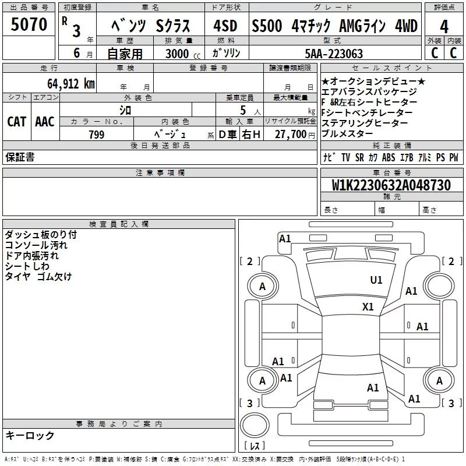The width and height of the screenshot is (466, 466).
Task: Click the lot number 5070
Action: pos(30,25)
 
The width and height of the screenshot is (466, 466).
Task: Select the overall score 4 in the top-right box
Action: pos(444,27)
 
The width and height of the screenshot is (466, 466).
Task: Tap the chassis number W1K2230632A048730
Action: pos(392,186)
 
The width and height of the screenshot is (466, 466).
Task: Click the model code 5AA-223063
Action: pos(334,54)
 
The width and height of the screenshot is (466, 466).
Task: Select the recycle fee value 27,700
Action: pos(290,135)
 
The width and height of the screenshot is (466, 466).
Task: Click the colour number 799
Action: pos(97,135)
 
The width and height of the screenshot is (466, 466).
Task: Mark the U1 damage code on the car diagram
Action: pos(376,280)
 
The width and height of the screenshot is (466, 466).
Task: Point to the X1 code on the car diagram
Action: pos(368,306)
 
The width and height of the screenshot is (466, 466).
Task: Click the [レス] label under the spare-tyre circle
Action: pos(255,446)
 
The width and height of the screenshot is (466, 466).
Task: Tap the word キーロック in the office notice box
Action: pos(30,435)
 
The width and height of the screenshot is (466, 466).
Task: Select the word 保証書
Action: pos(20,157)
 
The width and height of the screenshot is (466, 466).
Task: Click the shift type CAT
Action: pos(16,121)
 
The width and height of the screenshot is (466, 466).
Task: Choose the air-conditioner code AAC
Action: pos(45,121)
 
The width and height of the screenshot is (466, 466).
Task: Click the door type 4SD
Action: pos(225,26)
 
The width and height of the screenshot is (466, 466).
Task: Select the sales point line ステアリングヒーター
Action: pos(365,123)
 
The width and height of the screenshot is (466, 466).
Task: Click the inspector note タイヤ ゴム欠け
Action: pos(38,277)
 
